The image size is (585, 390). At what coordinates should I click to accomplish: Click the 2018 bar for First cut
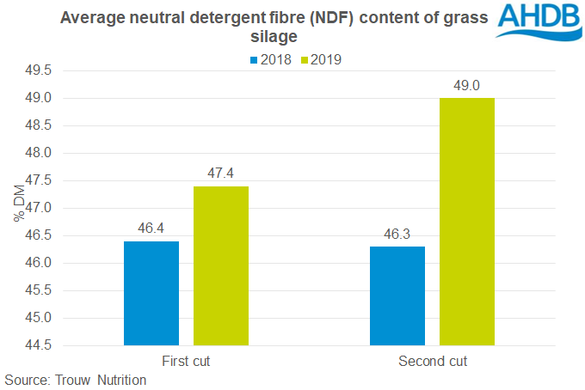151,293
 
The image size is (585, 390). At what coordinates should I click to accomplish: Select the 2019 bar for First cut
221,265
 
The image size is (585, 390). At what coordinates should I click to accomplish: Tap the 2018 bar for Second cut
397,296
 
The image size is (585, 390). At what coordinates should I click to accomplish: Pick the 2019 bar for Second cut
466,222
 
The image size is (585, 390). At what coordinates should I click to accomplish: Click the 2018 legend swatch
256,61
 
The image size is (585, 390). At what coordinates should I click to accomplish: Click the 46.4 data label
151,228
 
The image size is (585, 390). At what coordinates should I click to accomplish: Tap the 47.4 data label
221,173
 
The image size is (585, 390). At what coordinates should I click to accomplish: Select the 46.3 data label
397,233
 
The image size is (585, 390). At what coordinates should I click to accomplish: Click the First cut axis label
185,361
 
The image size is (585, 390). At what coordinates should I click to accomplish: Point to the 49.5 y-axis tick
34,70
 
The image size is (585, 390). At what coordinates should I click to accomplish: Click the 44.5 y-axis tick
34,345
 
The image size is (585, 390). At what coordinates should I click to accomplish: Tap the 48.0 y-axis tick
34,153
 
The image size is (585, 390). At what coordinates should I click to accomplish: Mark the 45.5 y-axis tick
34,290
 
